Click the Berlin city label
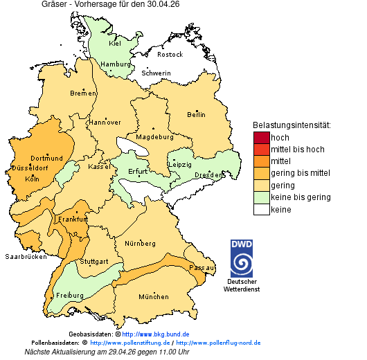[x=196, y=115]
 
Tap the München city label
[x=154, y=297]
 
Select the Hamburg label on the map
[x=116, y=64]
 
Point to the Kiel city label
[x=115, y=44]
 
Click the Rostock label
[x=170, y=55]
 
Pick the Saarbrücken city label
[x=26, y=256]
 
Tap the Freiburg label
[x=69, y=296]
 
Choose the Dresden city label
[x=208, y=175]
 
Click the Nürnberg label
[x=140, y=244]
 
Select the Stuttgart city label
[x=93, y=262]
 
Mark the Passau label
[x=202, y=267]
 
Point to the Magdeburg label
[x=154, y=137]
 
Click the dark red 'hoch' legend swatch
[x=261, y=138]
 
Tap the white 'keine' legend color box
[x=261, y=210]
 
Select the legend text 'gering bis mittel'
[x=300, y=173]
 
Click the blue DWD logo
[x=242, y=258]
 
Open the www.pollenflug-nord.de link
[x=218, y=343]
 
